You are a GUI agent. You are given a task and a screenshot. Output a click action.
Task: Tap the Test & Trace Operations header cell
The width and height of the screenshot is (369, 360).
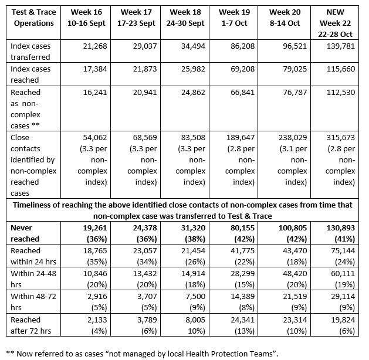pos(34,17)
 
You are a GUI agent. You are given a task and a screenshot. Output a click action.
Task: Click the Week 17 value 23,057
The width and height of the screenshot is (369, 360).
pos(139,250)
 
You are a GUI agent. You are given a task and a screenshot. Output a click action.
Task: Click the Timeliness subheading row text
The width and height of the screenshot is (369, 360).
pos(184,210)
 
